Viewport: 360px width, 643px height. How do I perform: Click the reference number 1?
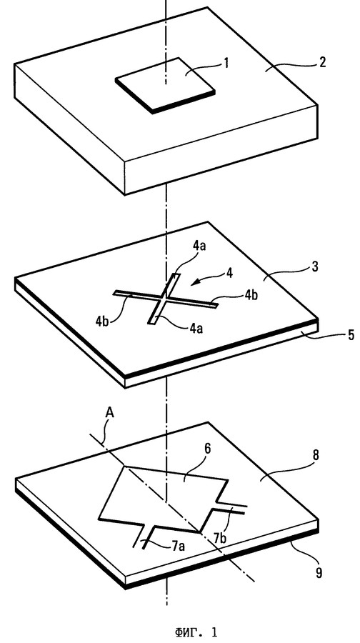pos(226,64)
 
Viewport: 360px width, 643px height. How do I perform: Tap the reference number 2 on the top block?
pos(322,62)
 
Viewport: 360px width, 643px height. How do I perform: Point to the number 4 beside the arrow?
pos(230,273)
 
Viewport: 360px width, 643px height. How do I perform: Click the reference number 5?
pos(351,334)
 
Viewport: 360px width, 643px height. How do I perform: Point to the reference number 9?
pos(319,572)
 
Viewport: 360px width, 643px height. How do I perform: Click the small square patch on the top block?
pos(165,85)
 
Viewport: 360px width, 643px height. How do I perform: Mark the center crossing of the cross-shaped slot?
pos(164,299)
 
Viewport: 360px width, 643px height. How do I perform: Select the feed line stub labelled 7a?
pos(144,536)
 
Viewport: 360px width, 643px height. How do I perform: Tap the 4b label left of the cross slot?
pos(104,320)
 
